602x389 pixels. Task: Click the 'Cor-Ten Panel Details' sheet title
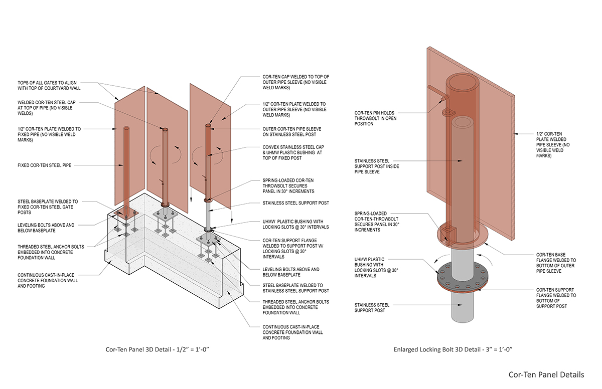tap(546, 374)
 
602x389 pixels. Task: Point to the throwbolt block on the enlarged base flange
tap(449, 233)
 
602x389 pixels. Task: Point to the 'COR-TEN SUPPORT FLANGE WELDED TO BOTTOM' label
tap(556, 298)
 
